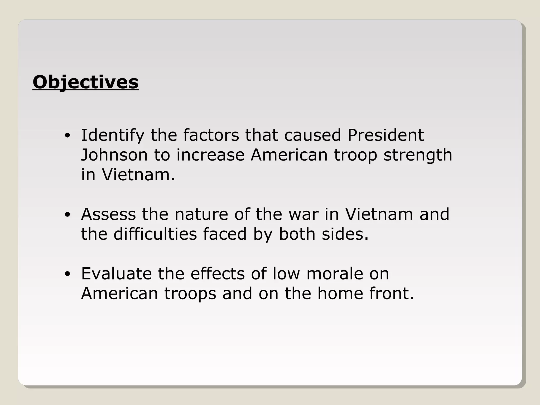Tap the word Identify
[x=113, y=136]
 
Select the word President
[x=385, y=135]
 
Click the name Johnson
[x=114, y=155]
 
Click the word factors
[x=211, y=135]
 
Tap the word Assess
[x=108, y=214]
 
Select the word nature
[x=201, y=214]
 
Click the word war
[x=303, y=214]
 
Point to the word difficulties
[x=155, y=234]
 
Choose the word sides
[x=345, y=234]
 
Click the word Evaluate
[x=116, y=273]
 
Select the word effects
[x=218, y=273]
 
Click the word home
[x=340, y=293]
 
